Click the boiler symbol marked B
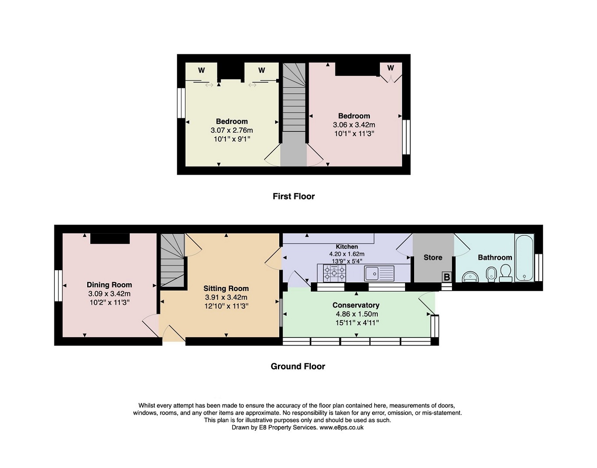pyautogui.click(x=447, y=277)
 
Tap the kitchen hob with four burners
pyautogui.click(x=334, y=273)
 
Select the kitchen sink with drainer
pyautogui.click(x=379, y=273)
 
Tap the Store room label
pyautogui.click(x=433, y=257)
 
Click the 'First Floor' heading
pyautogui.click(x=294, y=196)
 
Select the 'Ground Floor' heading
pyautogui.click(x=298, y=366)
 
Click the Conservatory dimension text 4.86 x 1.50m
pyautogui.click(x=356, y=314)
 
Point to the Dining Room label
pyautogui.click(x=109, y=285)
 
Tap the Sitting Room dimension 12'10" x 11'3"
pyautogui.click(x=226, y=306)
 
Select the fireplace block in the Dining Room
pyautogui.click(x=110, y=239)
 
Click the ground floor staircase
pyautogui.click(x=172, y=260)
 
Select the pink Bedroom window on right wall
pyautogui.click(x=406, y=137)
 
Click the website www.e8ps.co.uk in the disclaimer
pyautogui.click(x=341, y=427)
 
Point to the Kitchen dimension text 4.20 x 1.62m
pyautogui.click(x=347, y=254)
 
